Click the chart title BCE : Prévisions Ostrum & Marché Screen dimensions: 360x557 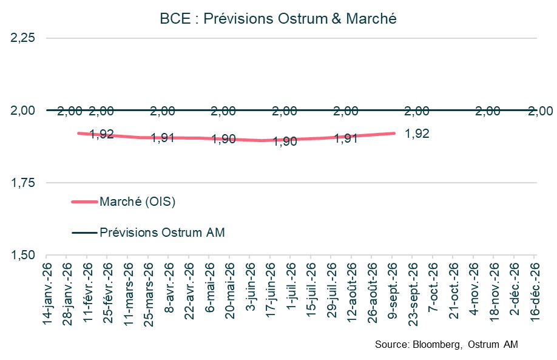tap(278, 19)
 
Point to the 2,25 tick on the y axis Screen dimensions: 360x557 tap(23, 38)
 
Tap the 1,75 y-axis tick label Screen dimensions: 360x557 tap(23, 183)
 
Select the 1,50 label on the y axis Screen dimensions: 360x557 tap(23, 255)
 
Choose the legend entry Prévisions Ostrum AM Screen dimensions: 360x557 tap(162, 232)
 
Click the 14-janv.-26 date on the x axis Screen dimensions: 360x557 tap(47, 291)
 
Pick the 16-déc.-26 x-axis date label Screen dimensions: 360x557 tap(535, 291)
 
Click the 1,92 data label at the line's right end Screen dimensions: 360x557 tap(417, 134)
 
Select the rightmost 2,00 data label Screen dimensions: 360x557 tap(540, 111)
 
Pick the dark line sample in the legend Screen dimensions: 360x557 tap(84, 232)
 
